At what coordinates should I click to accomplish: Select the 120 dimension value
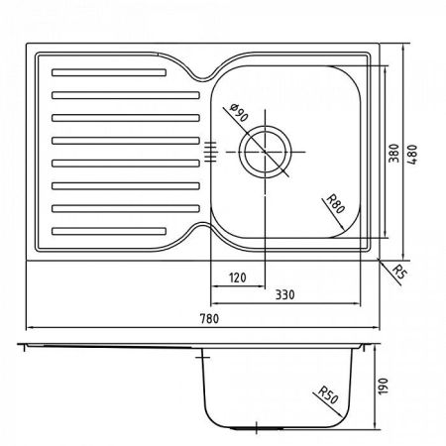pyautogui.click(x=238, y=279)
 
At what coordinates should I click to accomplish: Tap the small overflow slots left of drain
pyautogui.click(x=209, y=151)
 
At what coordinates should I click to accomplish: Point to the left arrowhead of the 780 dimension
pyautogui.click(x=26, y=328)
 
